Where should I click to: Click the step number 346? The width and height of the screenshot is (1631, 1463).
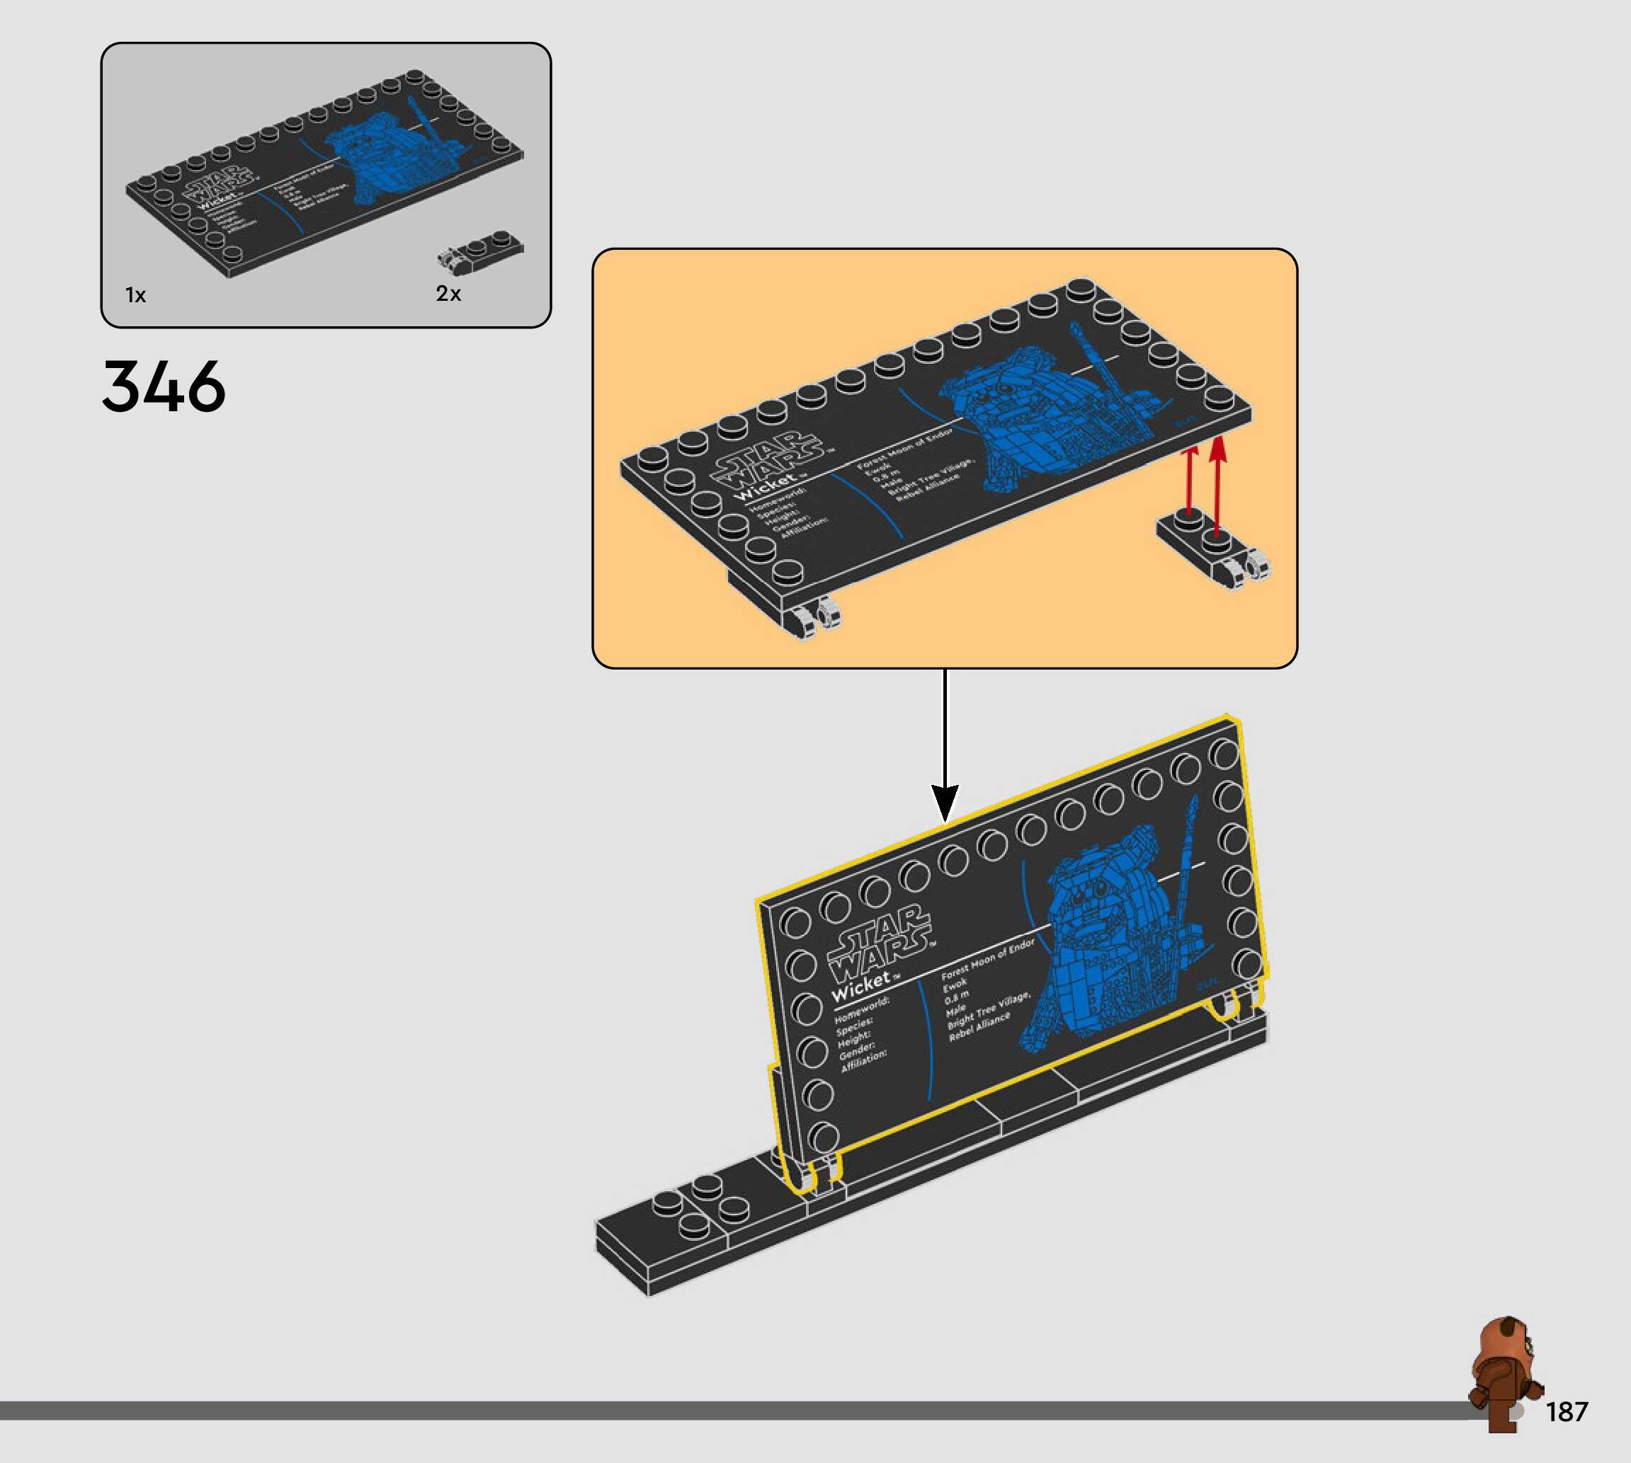164,386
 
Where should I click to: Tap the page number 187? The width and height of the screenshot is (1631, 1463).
1567,1411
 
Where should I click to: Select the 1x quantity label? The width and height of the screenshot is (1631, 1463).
135,295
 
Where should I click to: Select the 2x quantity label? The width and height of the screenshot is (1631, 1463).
448,294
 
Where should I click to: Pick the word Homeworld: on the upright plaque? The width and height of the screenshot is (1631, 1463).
861,1011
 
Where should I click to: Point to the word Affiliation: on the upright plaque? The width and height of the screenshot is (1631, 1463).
864,1060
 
